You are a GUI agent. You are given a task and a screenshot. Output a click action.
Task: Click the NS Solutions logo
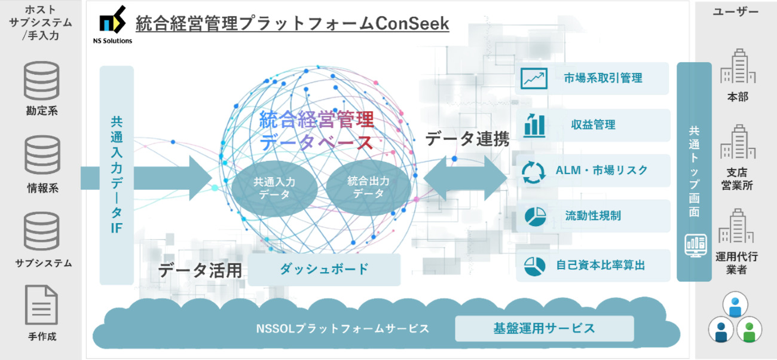(x=112, y=25)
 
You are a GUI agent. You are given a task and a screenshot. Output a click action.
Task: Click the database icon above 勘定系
(x=42, y=81)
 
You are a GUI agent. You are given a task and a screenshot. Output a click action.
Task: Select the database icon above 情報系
(x=42, y=155)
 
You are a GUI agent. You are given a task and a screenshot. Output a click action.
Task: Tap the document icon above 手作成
(x=41, y=305)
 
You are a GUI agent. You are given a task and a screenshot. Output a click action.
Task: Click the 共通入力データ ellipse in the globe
(x=274, y=188)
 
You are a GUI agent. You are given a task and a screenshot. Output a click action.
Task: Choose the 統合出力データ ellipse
(x=368, y=187)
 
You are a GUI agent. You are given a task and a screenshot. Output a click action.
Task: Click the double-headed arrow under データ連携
(x=465, y=178)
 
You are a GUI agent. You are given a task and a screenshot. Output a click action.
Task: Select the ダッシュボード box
(x=324, y=269)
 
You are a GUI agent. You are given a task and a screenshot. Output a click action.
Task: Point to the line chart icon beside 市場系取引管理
(x=534, y=78)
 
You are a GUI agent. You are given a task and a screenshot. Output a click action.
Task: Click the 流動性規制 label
(x=593, y=216)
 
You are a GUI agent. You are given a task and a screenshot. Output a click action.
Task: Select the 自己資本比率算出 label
(x=601, y=266)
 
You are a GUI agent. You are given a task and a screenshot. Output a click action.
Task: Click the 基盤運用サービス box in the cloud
(x=544, y=328)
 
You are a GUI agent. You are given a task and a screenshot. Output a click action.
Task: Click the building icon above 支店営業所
(x=738, y=142)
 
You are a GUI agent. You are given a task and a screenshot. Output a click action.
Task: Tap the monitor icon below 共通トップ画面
(x=696, y=245)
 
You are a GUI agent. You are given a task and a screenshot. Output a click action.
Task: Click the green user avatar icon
(x=750, y=330)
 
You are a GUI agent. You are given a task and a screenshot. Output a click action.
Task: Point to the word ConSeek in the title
(x=412, y=23)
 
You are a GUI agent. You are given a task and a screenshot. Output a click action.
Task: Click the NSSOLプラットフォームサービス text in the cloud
(x=342, y=328)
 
